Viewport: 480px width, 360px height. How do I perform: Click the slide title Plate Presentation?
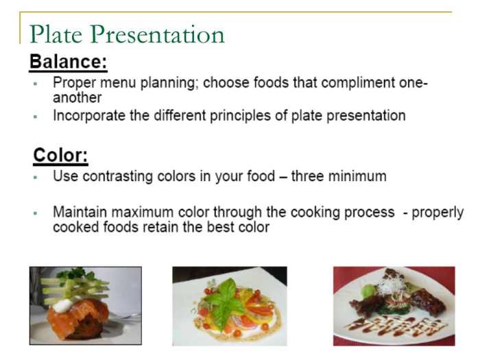click(128, 34)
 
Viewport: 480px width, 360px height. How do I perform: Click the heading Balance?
click(68, 62)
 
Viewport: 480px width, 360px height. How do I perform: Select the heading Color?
click(60, 156)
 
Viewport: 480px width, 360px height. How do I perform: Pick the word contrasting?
click(116, 176)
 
